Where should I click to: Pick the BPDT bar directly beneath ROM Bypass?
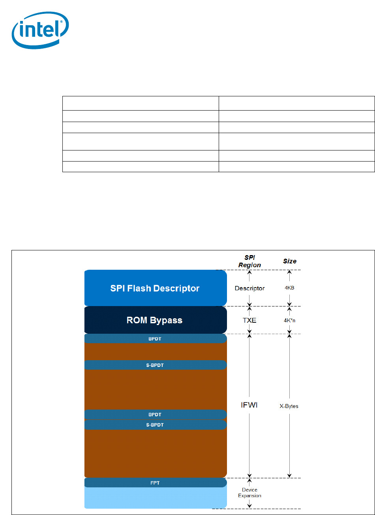155,338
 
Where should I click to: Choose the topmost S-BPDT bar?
155,365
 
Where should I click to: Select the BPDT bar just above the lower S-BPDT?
155,415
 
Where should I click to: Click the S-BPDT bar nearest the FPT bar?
155,425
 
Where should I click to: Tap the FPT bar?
155,483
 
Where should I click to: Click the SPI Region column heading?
249,261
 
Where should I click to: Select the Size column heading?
290,261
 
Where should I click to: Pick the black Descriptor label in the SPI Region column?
249,288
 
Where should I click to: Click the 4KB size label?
290,288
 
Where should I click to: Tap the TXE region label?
249,320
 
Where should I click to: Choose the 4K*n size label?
290,320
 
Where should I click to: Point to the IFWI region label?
249,405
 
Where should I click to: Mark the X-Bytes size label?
289,406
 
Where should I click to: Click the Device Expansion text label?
249,492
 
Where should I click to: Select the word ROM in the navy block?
137,320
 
